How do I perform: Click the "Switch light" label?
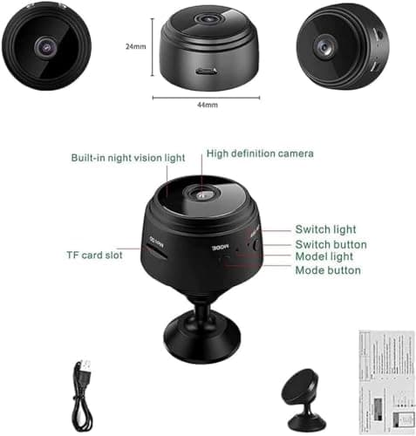(x=324, y=228)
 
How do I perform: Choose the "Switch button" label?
(x=331, y=244)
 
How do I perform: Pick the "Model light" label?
(x=324, y=257)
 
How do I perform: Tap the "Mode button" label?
(x=327, y=270)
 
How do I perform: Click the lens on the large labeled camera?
(x=203, y=195)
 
